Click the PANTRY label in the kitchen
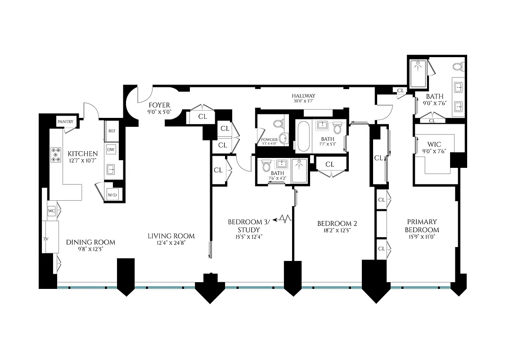(x=65, y=121)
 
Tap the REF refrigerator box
(x=112, y=131)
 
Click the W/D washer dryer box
(x=112, y=195)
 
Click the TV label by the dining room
(x=45, y=238)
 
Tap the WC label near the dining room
(x=51, y=211)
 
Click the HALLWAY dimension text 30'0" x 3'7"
(x=303, y=101)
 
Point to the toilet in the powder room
(x=278, y=123)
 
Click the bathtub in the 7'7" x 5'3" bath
(x=304, y=136)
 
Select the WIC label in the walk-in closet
(x=434, y=145)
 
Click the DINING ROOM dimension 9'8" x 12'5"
(x=90, y=249)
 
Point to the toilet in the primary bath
(x=458, y=67)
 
